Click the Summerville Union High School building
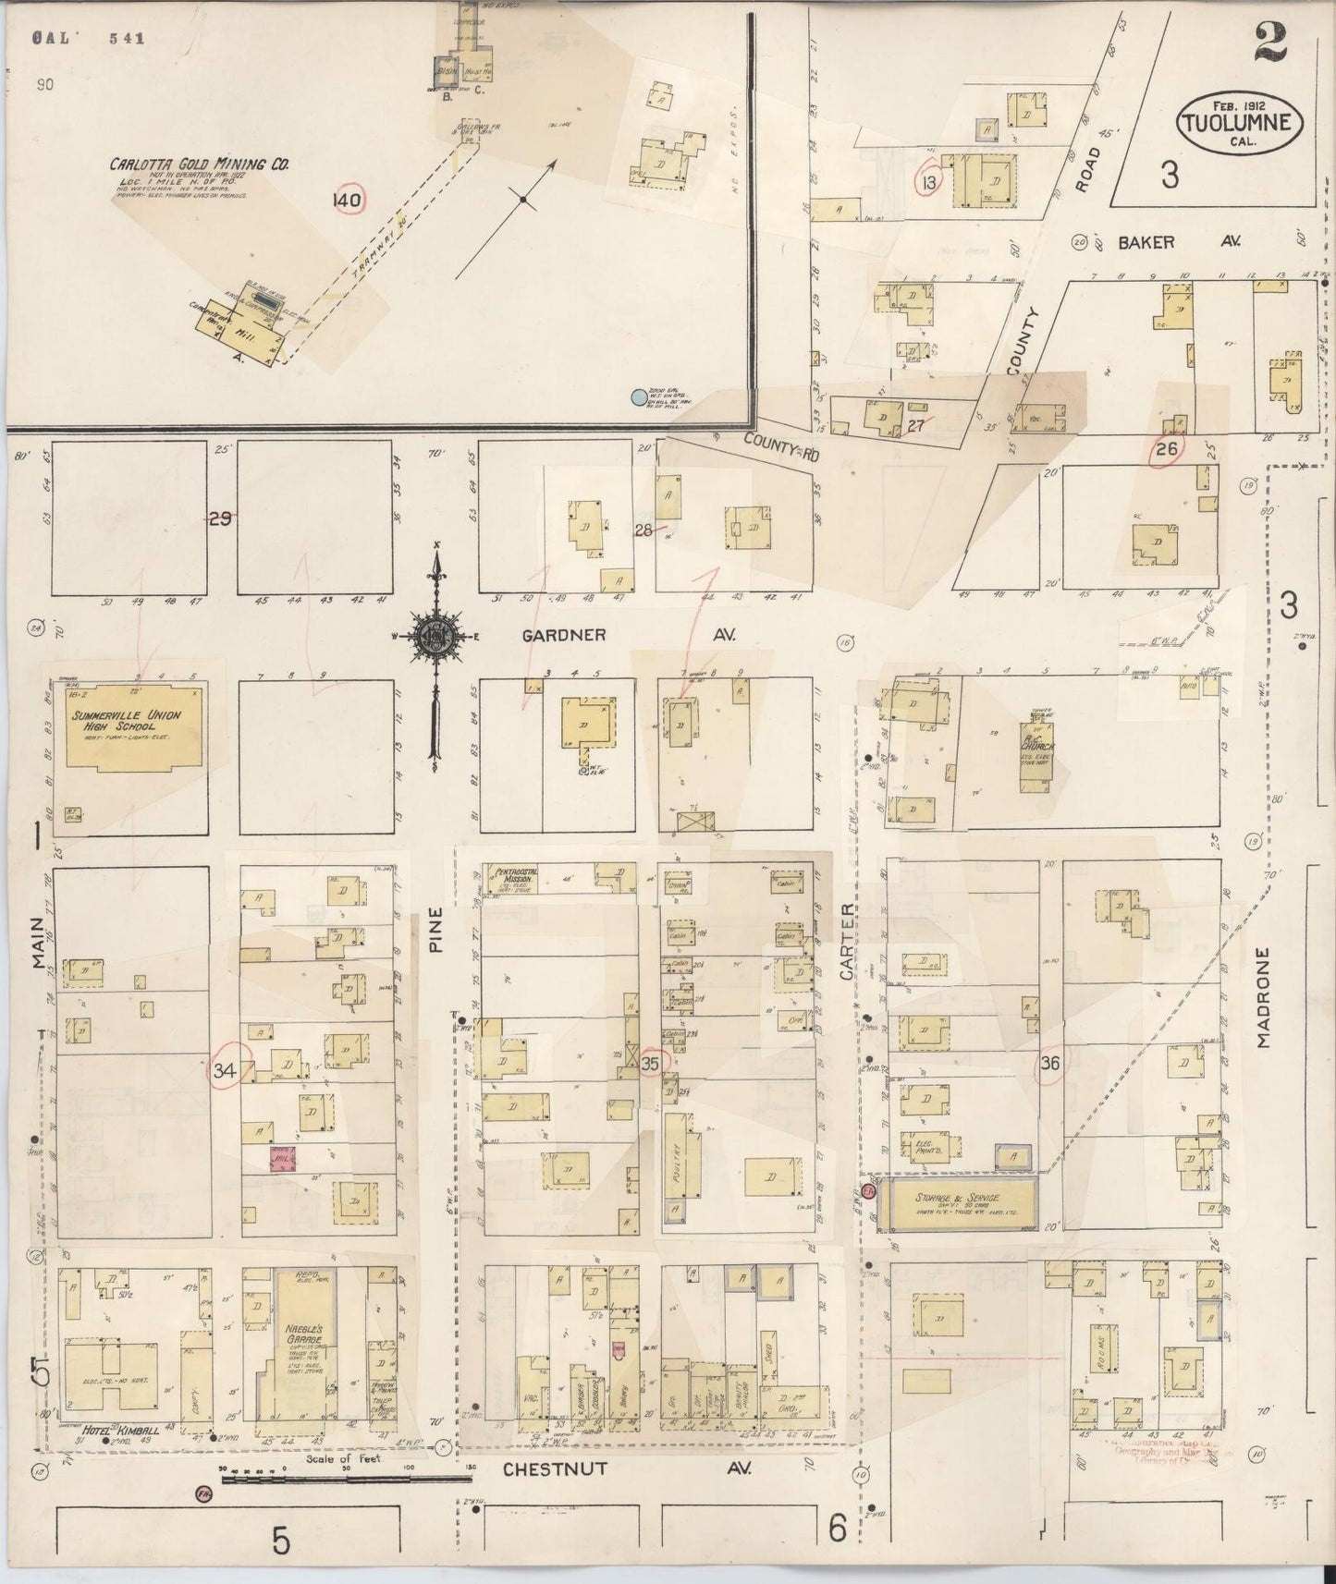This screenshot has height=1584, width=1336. pos(133,725)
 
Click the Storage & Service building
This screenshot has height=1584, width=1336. pos(956,1203)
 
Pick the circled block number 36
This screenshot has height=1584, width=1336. pos(1049,1064)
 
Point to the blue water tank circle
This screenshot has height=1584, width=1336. pos(637,397)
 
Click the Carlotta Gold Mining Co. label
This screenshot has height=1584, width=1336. pos(199,164)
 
